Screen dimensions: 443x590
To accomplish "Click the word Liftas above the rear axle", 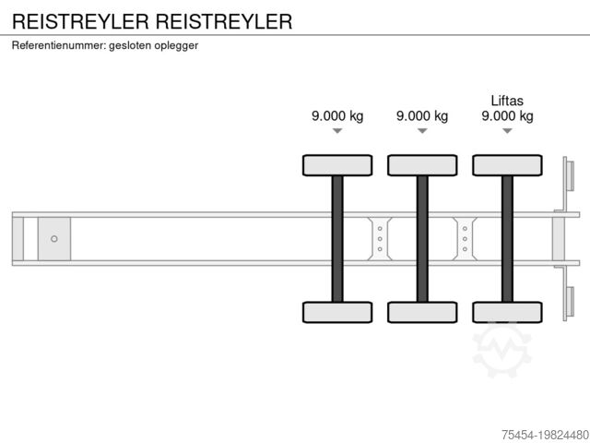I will (x=507, y=99).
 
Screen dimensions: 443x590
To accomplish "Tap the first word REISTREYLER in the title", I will (x=76, y=21).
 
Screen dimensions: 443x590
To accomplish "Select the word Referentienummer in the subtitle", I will (x=58, y=45).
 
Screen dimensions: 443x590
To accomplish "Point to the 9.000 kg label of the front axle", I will (x=337, y=115).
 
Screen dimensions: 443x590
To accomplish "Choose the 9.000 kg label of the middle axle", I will (x=422, y=115).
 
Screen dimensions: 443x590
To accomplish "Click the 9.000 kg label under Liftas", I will (x=507, y=115).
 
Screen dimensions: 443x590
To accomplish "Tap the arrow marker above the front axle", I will (x=337, y=131).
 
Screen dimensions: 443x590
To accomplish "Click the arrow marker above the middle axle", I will (x=422, y=131).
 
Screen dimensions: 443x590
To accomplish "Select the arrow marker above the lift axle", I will (x=507, y=131).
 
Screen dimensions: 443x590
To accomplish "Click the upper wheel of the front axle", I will (x=337, y=165).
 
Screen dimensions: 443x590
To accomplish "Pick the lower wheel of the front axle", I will (x=337, y=312).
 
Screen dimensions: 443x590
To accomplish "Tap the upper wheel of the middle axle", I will (x=422, y=165).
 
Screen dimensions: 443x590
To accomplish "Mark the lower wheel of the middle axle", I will (x=422, y=312).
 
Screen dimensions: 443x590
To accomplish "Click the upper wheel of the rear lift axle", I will (x=507, y=165).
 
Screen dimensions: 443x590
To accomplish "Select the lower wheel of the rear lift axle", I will (x=507, y=312).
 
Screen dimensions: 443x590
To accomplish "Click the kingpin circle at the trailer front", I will (x=54, y=239).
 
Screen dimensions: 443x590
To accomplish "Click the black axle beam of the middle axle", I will (x=422, y=238).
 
